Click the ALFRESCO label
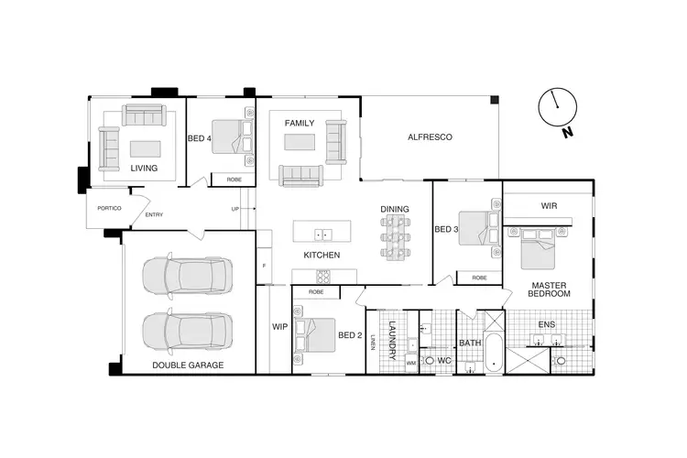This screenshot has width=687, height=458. pos(431,137)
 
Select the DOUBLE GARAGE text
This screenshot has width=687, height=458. pos(188,365)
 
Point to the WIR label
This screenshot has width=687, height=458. pos(550,206)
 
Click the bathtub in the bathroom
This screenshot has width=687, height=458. pos(494,353)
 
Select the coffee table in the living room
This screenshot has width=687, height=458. pos(144,147)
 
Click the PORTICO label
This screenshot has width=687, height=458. pos(104,208)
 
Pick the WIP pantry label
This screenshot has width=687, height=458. pos(279,326)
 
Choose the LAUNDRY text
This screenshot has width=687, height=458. pos(390,338)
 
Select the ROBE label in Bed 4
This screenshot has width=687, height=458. pos(234,180)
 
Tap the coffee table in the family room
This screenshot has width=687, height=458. pos(300,142)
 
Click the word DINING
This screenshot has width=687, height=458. pos(395,209)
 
